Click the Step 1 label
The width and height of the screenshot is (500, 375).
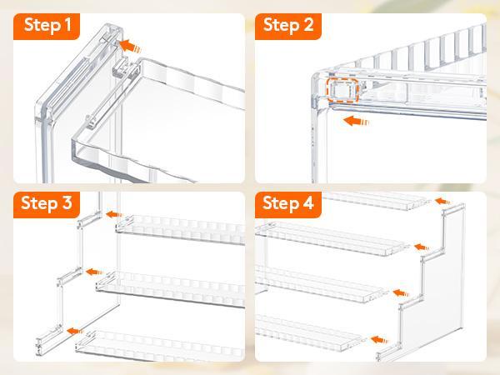[47, 25]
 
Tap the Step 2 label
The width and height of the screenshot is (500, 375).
[288, 25]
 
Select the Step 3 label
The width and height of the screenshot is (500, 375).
[47, 203]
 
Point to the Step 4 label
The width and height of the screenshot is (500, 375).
[288, 203]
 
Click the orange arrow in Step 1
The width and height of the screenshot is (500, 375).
[130, 46]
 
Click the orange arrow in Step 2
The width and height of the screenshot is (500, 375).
[356, 121]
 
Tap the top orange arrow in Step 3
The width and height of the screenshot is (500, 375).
[114, 215]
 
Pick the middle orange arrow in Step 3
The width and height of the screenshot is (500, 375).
[95, 272]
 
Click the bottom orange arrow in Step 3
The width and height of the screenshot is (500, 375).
[76, 331]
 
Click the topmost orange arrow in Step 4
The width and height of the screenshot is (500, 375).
[442, 201]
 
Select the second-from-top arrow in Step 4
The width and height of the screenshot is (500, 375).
[422, 247]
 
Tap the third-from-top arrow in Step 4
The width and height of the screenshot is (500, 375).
[401, 292]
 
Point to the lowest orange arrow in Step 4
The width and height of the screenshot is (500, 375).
[379, 340]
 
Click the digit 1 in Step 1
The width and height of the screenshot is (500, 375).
[67, 24]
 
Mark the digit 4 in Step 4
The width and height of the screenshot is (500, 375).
[308, 202]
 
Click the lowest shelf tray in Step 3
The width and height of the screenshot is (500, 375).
[159, 346]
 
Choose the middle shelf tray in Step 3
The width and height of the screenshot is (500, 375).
[171, 288]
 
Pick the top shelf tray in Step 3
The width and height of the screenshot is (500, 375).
[180, 229]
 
